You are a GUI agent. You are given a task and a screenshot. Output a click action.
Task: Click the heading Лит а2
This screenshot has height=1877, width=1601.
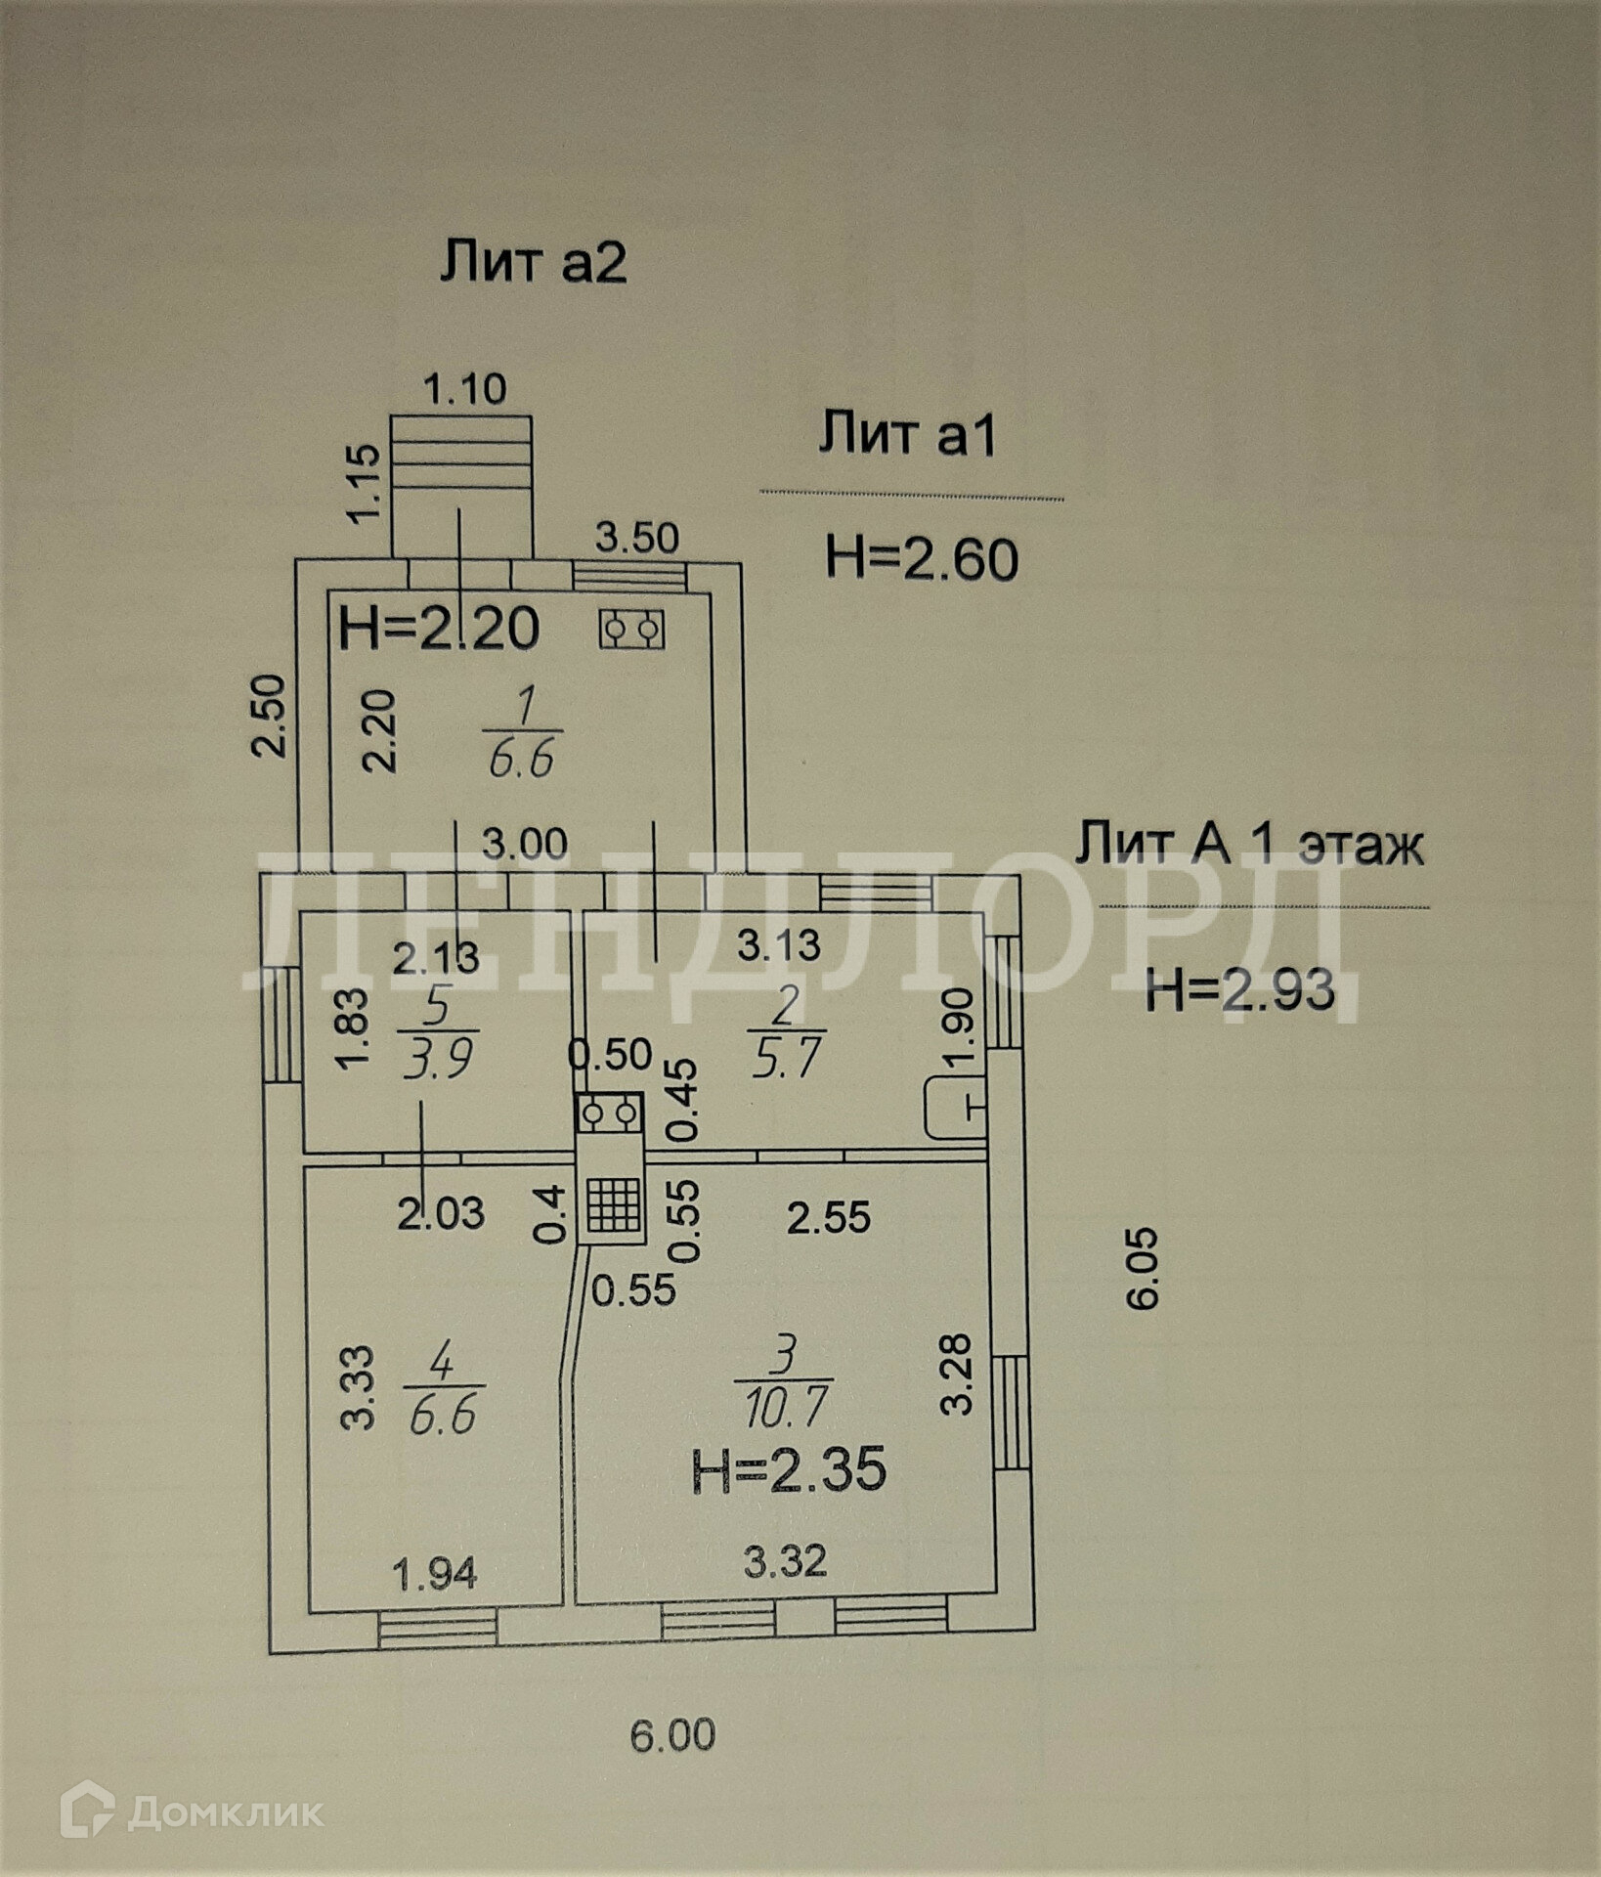(x=533, y=263)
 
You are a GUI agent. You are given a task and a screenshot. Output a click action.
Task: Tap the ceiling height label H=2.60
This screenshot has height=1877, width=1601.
(x=922, y=559)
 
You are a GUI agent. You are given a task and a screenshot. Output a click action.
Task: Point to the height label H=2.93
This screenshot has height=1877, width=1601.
(x=1239, y=990)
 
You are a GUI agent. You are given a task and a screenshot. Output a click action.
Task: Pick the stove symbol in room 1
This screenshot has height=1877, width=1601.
(x=631, y=629)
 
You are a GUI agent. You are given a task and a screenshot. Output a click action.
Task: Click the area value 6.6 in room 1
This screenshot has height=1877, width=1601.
(x=521, y=759)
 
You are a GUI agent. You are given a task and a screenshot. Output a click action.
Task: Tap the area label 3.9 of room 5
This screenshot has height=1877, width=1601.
(x=437, y=1059)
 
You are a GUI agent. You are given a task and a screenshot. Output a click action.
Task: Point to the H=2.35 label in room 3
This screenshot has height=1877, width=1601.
(x=789, y=1471)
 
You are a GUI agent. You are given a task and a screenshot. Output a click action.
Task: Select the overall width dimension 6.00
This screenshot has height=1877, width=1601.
(x=672, y=1734)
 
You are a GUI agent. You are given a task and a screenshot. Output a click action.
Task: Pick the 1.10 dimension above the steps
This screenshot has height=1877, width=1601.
(x=464, y=389)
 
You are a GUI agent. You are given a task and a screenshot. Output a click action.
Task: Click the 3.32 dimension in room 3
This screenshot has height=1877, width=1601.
(x=784, y=1560)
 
